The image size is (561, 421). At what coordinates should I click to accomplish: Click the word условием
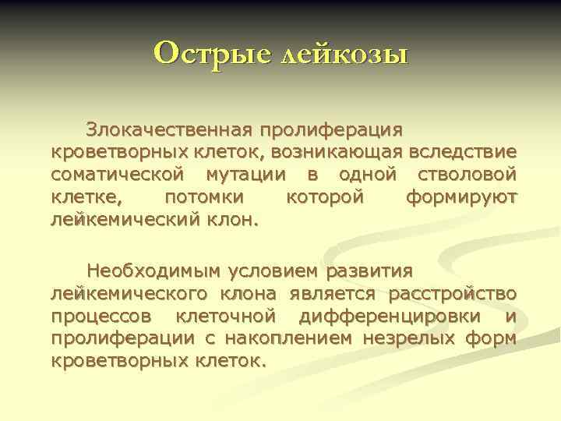(273, 271)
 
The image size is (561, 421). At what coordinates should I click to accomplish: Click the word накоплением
(284, 339)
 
